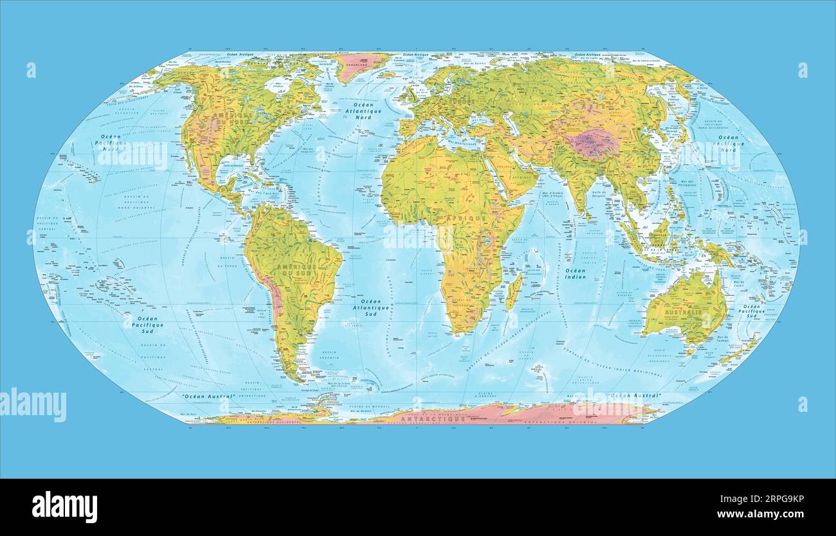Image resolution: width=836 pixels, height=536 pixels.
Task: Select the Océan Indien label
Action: (x=575, y=274)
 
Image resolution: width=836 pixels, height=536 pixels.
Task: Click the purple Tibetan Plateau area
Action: (x=595, y=143)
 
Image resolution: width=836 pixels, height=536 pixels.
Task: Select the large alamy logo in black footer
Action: (x=64, y=507)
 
